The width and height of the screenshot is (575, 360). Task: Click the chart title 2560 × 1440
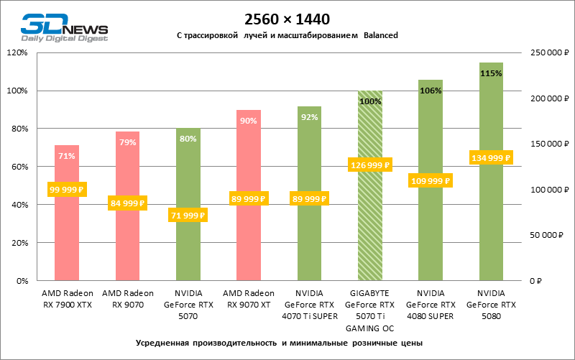coord(287,19)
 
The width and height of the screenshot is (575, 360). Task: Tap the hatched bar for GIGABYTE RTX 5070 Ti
coord(370,230)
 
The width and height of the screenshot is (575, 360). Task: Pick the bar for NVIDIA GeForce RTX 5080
coord(491,216)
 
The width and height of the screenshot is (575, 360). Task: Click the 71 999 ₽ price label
coord(188,215)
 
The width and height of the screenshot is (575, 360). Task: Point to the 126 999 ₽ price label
coord(370,165)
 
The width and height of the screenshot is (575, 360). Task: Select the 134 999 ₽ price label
coord(491,157)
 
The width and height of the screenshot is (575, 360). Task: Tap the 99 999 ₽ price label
coord(67,189)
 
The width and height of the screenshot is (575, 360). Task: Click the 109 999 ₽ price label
coord(431,180)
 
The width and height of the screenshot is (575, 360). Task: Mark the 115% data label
coord(491,73)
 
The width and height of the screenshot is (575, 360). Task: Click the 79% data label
coord(127,142)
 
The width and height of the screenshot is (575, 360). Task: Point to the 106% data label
coord(431,91)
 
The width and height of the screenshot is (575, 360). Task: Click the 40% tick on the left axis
coord(18,205)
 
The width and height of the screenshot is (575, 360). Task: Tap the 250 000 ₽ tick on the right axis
coord(549,53)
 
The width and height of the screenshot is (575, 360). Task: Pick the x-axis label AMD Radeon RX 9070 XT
coord(249,298)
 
